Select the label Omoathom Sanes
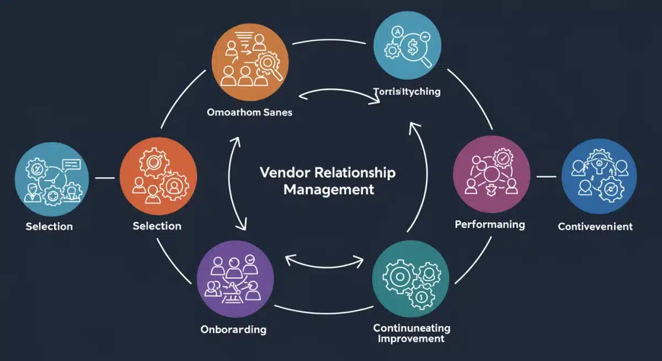[x=249, y=112]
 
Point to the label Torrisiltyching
[x=407, y=92]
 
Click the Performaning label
[x=490, y=225]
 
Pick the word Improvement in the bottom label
[x=411, y=338]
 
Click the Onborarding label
[x=233, y=330]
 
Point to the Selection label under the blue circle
[x=49, y=226]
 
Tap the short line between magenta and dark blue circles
[x=546, y=177]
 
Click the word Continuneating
[x=412, y=328]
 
